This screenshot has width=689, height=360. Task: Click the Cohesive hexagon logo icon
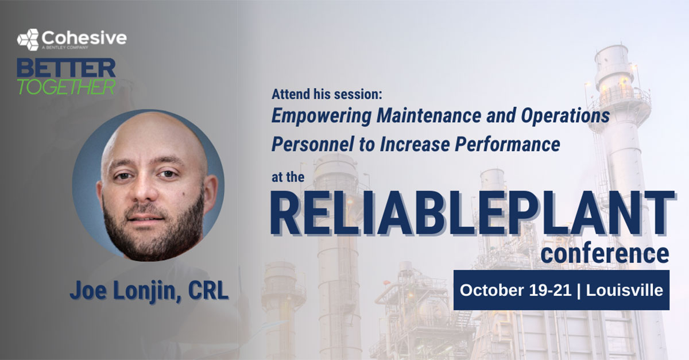coord(28,40)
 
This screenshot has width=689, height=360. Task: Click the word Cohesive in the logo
coord(84,37)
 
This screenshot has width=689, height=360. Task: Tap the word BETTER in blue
coord(66,68)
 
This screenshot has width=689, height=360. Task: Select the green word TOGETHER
coord(66,86)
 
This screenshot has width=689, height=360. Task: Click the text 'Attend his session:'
coord(327,92)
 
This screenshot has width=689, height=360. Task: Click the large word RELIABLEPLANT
coord(471,213)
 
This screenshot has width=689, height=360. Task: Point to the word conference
coord(605,253)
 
